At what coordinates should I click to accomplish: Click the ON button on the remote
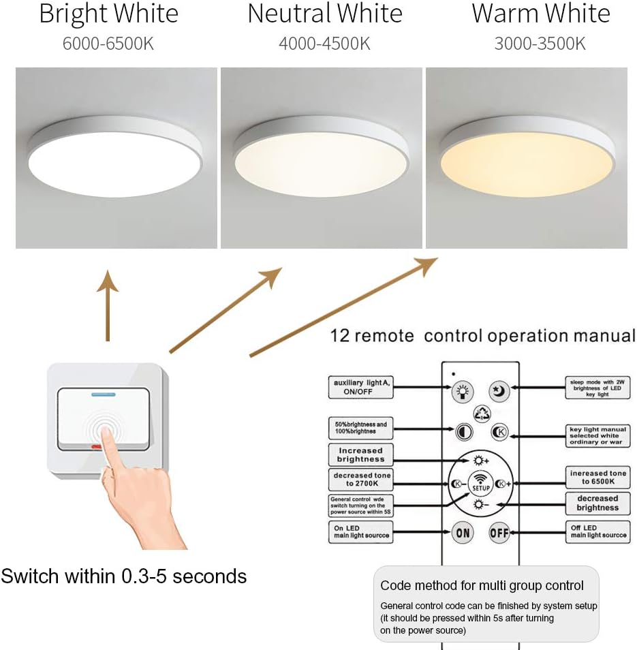463,533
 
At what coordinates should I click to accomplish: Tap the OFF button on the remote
499,533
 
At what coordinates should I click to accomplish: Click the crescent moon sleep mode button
499,391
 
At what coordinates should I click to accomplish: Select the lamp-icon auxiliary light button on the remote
463,391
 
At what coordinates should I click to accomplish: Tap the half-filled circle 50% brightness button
463,432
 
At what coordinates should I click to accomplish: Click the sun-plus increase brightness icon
481,460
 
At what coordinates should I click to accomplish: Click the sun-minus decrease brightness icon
481,504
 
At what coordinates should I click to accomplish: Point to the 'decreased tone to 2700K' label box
360,480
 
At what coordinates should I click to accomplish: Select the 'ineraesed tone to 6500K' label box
597,477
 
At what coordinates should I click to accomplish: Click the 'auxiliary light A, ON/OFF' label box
360,387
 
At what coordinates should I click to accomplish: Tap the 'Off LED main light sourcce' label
597,532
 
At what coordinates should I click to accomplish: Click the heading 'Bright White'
108,14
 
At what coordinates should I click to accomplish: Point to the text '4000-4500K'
324,44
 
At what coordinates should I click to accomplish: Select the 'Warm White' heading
541,14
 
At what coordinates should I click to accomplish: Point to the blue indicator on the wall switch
102,394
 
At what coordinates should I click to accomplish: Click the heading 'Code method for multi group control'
482,585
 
